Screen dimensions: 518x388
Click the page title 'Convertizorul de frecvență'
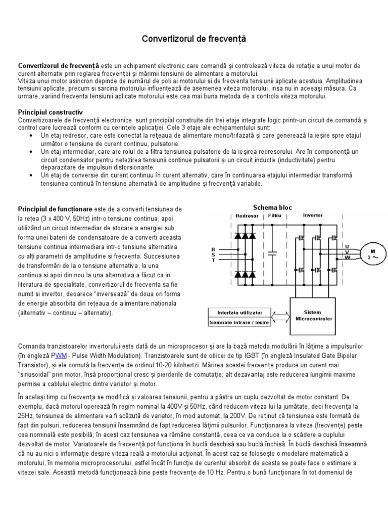(x=194, y=38)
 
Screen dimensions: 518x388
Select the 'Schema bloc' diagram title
(x=272, y=207)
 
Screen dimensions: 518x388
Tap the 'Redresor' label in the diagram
(x=247, y=215)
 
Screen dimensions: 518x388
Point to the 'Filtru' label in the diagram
(x=275, y=215)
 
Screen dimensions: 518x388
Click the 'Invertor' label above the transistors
(x=312, y=215)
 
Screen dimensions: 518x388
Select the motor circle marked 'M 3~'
(x=374, y=254)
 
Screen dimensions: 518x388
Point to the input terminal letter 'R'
(x=213, y=249)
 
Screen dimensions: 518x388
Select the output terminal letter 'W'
(x=346, y=256)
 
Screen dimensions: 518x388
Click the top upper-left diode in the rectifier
(x=238, y=236)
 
